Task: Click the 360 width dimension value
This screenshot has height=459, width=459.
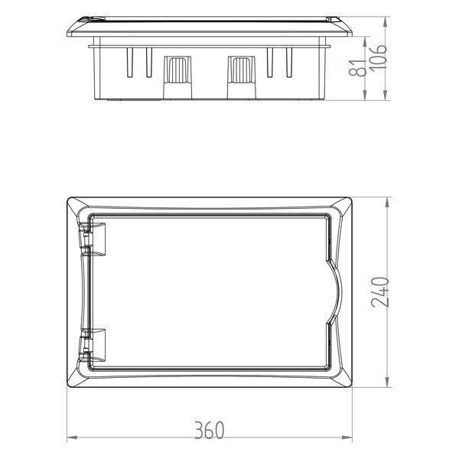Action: tap(208, 430)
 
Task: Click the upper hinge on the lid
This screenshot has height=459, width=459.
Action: tap(96, 237)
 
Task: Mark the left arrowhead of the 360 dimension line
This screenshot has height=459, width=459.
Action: tap(70, 438)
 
